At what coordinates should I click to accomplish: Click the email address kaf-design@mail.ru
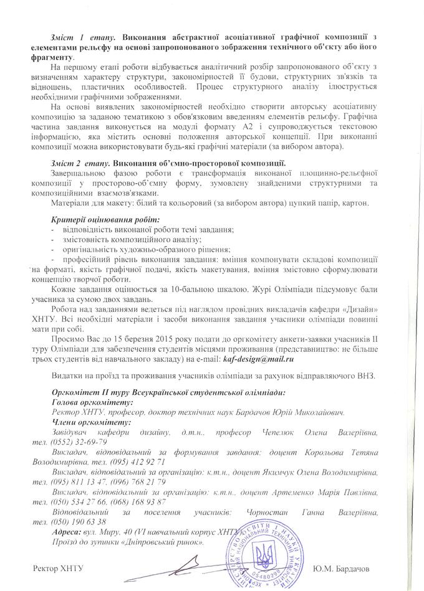pyautogui.click(x=257, y=359)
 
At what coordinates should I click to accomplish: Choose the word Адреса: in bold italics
pyautogui.click(x=67, y=532)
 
